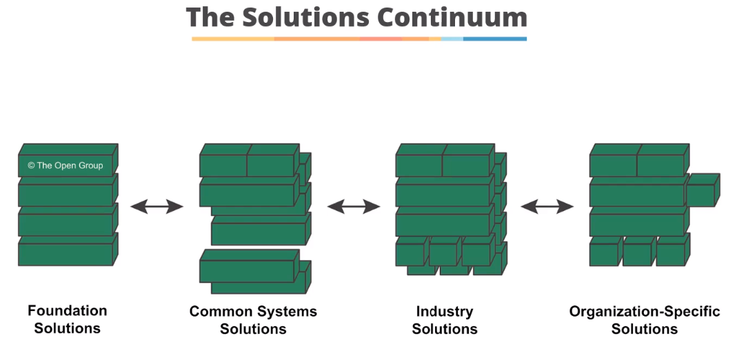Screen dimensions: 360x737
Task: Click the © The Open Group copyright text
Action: [65, 166]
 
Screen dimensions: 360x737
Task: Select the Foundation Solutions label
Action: [68, 319]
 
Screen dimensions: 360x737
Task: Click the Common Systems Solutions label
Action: [253, 320]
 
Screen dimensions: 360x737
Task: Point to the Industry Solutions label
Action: [445, 320]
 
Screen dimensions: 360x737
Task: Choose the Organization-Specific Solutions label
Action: [644, 320]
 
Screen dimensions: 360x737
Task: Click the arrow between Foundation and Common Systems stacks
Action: [157, 206]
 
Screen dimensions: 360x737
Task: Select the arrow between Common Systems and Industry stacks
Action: [354, 206]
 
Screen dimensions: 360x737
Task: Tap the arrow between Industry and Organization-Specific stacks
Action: [547, 206]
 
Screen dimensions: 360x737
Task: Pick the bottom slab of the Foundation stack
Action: [65, 254]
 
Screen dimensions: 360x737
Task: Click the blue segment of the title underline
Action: [494, 39]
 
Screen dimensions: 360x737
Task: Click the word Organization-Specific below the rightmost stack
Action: [644, 312]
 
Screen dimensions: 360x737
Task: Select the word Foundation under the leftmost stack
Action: [68, 311]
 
